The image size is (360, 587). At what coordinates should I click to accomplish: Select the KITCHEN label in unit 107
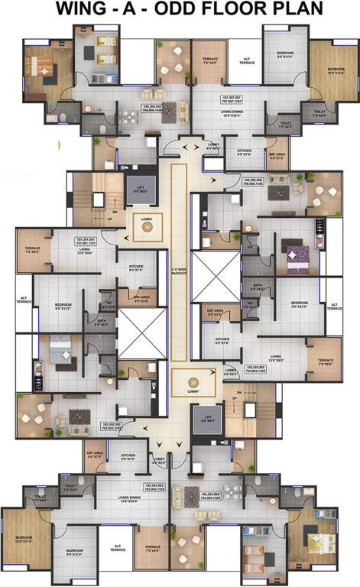tap(243, 152)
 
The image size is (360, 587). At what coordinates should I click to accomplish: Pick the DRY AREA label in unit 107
tap(277, 155)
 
